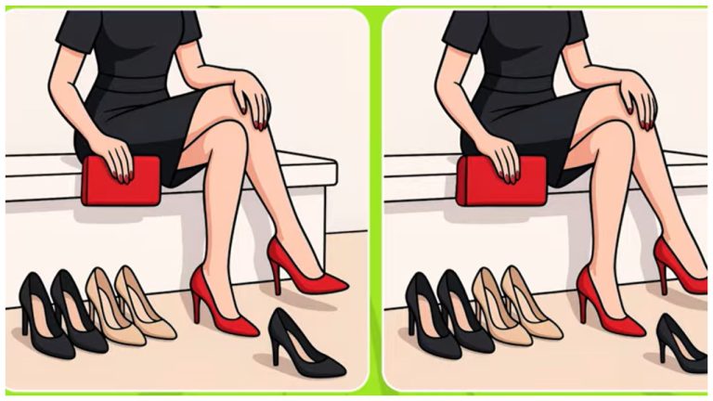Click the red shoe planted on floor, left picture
tap(226, 306)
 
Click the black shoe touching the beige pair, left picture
tap(79, 316)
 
